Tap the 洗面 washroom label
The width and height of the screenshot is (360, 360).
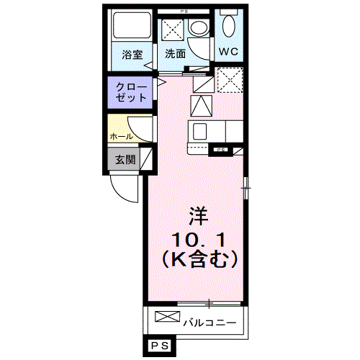[175, 54]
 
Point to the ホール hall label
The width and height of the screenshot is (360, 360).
[120, 135]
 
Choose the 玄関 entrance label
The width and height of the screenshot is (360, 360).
[125, 160]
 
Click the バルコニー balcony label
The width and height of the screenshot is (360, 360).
[209, 321]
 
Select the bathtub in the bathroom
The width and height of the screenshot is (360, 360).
[131, 30]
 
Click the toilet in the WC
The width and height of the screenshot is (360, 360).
[229, 30]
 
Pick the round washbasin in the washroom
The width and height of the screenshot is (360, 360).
[197, 29]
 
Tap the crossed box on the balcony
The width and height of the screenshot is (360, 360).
[164, 318]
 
